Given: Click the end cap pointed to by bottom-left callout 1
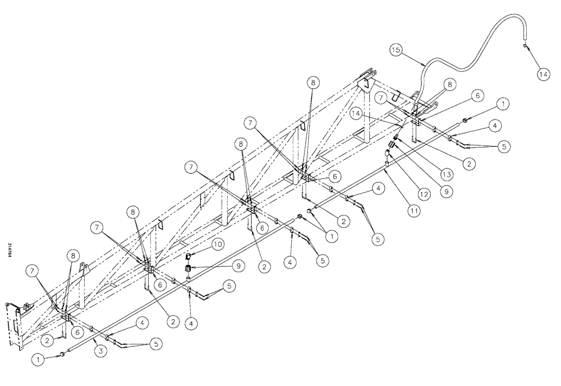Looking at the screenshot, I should pos(62,353).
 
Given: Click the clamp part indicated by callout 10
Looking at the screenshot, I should pos(190,257).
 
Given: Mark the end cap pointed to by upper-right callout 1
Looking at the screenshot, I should pos(466,120).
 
